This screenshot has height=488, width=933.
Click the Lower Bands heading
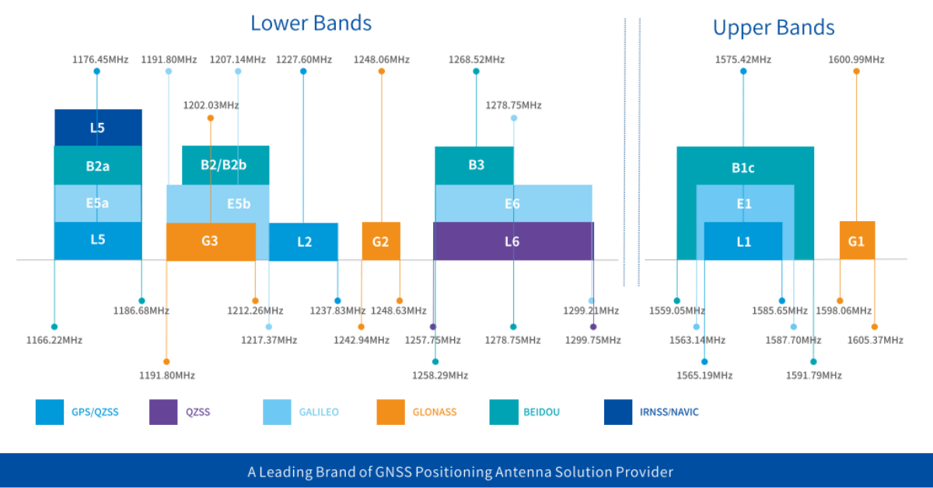(311, 23)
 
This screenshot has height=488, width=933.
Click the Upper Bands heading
(774, 28)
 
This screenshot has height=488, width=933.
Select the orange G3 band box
(211, 241)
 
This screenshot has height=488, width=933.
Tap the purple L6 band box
(512, 241)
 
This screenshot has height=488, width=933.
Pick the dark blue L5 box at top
(98, 128)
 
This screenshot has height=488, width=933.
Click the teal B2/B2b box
(225, 165)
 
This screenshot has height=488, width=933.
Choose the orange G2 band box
(381, 241)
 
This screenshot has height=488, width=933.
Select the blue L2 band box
(304, 242)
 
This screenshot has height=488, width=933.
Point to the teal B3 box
(475, 165)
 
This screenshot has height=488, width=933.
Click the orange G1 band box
(857, 241)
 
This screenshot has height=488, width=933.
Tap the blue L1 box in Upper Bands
(743, 241)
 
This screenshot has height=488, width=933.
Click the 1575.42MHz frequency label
(743, 59)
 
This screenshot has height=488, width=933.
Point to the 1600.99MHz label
(856, 59)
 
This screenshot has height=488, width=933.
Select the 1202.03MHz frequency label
(211, 105)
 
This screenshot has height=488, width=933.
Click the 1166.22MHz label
(54, 340)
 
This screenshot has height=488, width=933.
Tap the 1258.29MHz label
(440, 375)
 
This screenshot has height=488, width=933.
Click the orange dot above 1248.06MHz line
(381, 72)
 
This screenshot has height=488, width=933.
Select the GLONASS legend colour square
(391, 412)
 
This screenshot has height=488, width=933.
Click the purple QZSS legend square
(163, 412)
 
